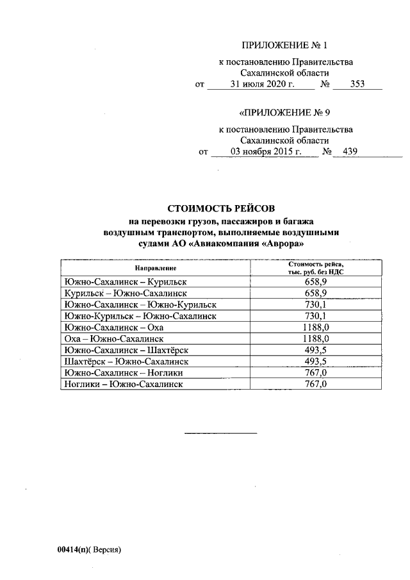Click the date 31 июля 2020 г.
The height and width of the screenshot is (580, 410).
point(261,84)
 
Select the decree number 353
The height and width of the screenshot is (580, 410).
point(357,84)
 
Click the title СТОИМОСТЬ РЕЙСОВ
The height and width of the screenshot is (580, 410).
point(220,209)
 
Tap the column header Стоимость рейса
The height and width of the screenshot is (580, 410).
point(316,263)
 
